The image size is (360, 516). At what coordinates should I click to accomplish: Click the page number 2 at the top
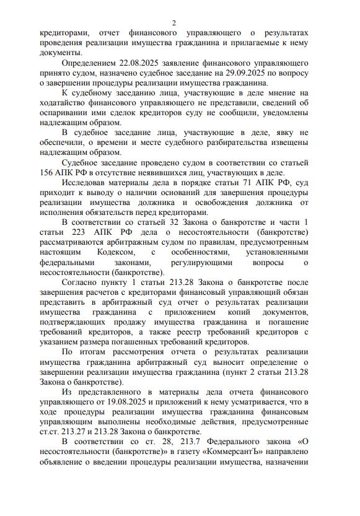click(174, 22)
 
